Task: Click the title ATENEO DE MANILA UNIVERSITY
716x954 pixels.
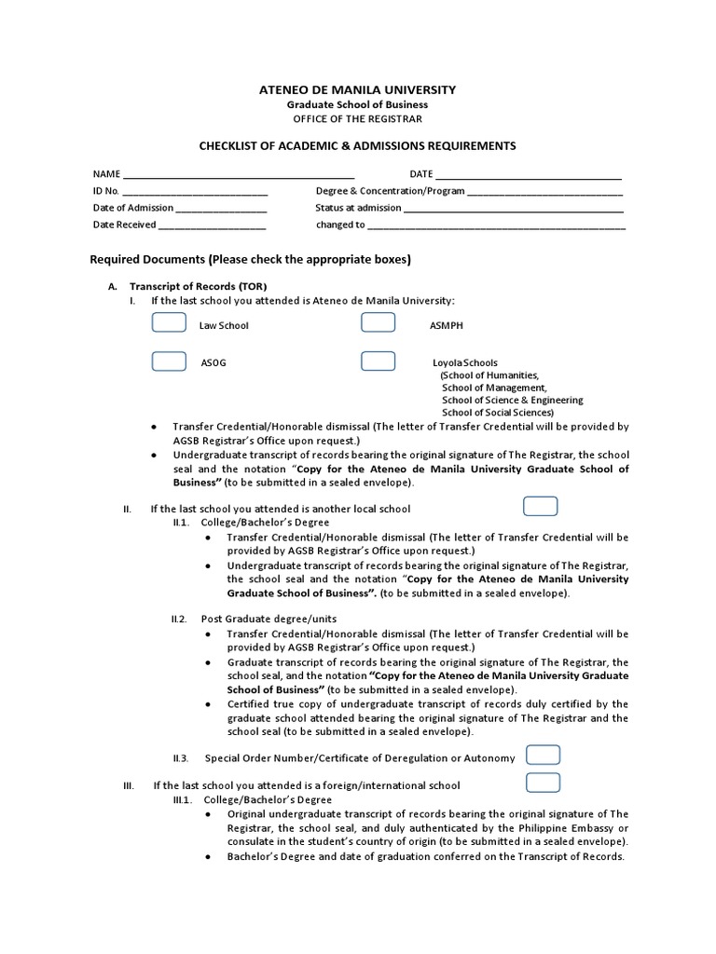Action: coord(357,89)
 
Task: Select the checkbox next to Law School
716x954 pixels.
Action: coord(169,323)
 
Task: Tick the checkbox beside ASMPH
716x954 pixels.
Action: coord(378,323)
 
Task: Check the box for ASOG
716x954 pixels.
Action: coord(169,361)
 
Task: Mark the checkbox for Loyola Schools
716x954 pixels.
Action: coord(378,361)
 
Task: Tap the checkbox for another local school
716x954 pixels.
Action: coord(541,507)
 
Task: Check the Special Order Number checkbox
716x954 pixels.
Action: coord(544,756)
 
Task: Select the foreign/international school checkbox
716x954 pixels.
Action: coord(544,783)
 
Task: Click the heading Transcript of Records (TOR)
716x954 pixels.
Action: coord(199,286)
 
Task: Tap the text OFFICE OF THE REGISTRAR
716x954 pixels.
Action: coord(357,119)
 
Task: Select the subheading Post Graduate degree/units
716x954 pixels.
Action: coord(268,619)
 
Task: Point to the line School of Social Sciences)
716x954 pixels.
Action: coord(498,412)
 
